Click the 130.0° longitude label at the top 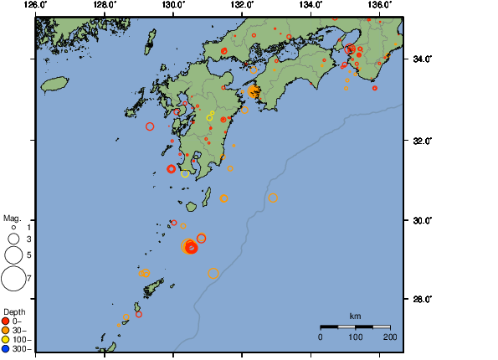point(173,5)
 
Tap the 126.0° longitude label point(36,5)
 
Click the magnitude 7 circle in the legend point(13,277)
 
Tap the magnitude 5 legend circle point(13,254)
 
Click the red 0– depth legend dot point(6,321)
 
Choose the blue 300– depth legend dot point(6,348)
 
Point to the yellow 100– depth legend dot point(6,339)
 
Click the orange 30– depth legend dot point(6,330)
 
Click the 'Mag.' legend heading point(12,218)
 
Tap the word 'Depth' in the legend point(14,312)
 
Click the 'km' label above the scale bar point(355,316)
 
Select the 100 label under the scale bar point(355,337)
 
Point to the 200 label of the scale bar point(389,337)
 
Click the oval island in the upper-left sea point(54,85)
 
